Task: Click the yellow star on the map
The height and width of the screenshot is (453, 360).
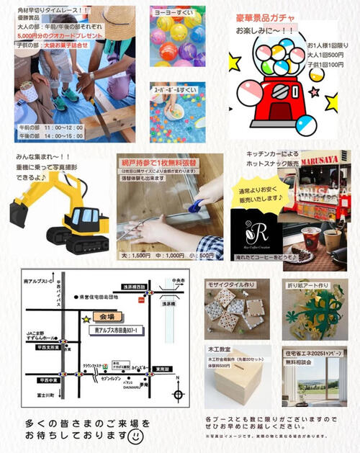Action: point(86,318)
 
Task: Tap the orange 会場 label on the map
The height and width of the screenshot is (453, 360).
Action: point(108,318)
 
